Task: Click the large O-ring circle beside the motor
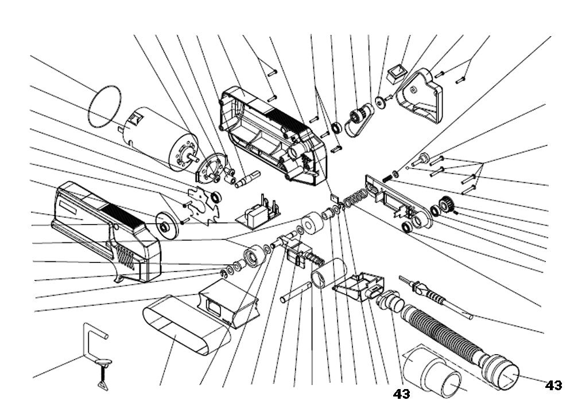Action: (x=107, y=107)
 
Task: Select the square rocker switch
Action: (x=395, y=73)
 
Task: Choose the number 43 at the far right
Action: (x=553, y=386)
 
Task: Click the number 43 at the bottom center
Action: (x=402, y=394)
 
